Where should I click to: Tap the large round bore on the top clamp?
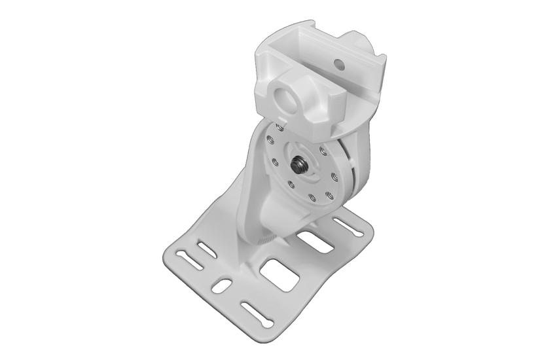[x=285, y=98]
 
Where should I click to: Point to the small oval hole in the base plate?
[x=222, y=286]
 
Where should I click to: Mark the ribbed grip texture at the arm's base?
[x=264, y=242]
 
